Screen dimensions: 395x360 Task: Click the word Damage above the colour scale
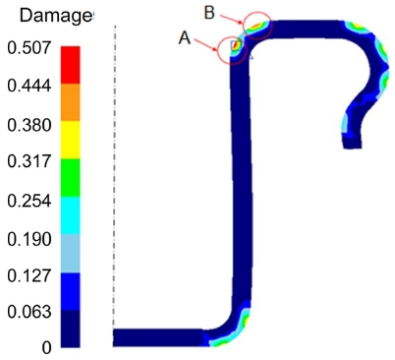tap(56, 16)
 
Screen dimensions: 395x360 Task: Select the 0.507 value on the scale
tap(29, 48)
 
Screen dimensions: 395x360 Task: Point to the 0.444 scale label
tap(29, 86)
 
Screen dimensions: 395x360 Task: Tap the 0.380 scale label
tap(29, 125)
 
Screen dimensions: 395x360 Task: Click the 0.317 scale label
tap(29, 161)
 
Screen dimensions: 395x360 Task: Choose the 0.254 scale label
tap(29, 201)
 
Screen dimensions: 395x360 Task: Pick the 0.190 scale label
tap(29, 239)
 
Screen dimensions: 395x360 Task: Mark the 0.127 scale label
tap(29, 275)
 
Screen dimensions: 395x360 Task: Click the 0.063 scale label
tap(29, 312)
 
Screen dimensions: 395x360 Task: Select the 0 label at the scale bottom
tap(46, 347)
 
